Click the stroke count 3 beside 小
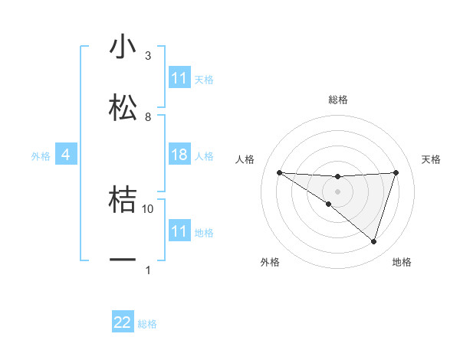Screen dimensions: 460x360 (148, 56)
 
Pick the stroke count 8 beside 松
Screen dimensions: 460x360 (148, 116)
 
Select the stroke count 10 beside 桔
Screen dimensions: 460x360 (148, 208)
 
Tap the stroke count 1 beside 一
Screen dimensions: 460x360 (148, 270)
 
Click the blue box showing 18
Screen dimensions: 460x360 (179, 155)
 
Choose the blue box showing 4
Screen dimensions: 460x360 (66, 155)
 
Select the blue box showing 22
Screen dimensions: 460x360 (123, 323)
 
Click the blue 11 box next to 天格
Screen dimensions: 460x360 (179, 78)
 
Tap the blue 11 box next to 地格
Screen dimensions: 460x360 (179, 231)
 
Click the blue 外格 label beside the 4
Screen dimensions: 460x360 (41, 156)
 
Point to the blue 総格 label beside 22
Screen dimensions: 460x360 (147, 324)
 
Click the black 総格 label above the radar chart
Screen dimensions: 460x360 (337, 100)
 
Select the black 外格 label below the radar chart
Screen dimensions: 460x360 (270, 262)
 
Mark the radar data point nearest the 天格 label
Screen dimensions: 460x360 (396, 172)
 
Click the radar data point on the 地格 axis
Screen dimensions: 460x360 (373, 241)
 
